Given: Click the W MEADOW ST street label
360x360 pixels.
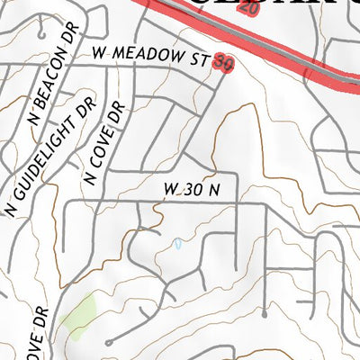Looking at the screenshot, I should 151,56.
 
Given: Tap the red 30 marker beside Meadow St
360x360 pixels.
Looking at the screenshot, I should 225,63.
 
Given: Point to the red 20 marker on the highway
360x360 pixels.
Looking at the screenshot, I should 250,7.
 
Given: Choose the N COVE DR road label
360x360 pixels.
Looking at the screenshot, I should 104,144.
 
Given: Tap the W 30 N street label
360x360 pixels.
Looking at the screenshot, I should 192,190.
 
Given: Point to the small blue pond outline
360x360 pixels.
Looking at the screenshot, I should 178,244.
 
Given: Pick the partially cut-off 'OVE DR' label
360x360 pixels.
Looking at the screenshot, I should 40,333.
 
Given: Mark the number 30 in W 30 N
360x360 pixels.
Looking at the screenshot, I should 192,190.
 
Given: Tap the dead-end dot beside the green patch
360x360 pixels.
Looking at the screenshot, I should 108,342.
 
